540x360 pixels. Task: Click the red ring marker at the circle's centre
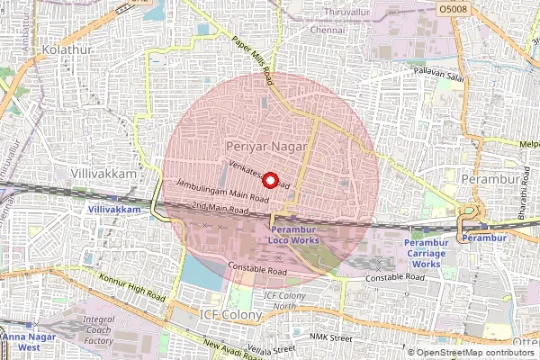pyautogui.click(x=267, y=180)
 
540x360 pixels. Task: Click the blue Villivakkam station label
pyautogui.click(x=115, y=209)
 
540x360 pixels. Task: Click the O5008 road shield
pyautogui.click(x=454, y=8)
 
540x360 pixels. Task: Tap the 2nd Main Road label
pyautogui.click(x=219, y=209)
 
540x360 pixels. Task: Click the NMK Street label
pyautogui.click(x=329, y=337)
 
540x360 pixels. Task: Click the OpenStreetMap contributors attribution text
pyautogui.click(x=475, y=353)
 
